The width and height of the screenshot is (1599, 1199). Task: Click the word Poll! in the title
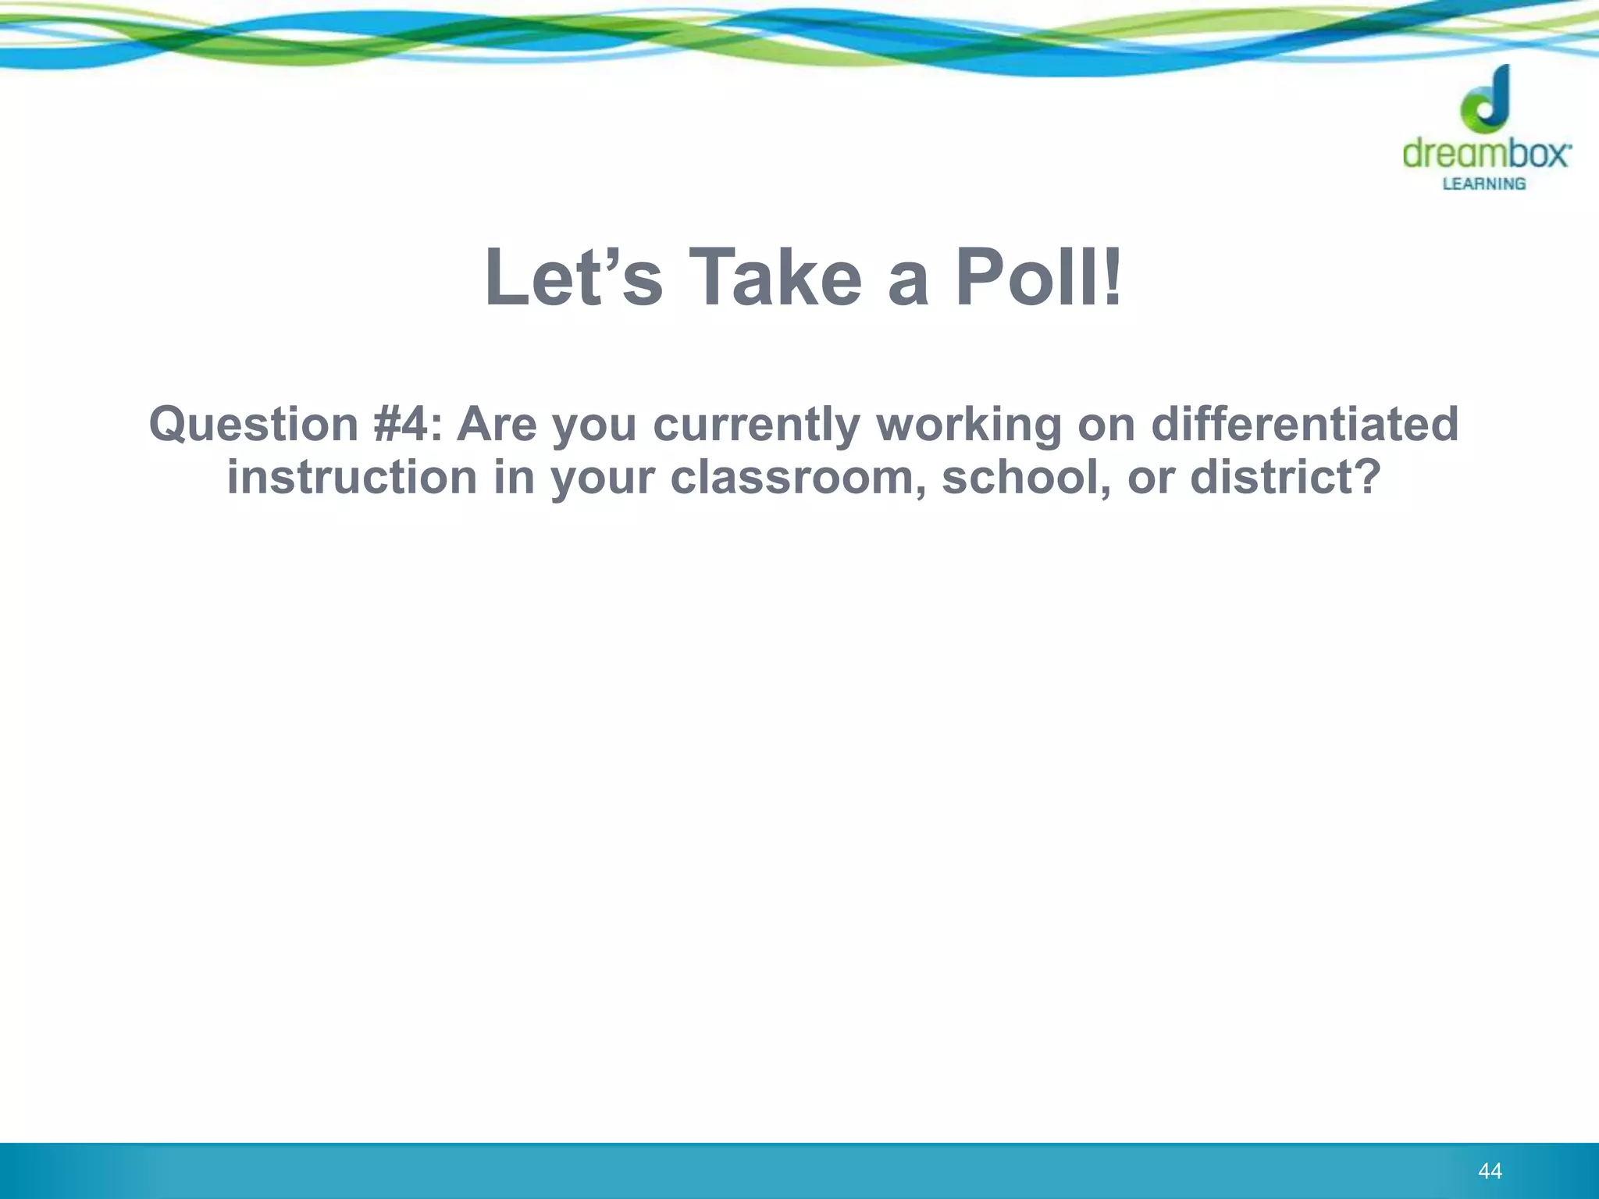1039,278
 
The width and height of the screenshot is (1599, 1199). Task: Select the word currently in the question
756,425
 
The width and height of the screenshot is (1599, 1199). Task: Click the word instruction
352,477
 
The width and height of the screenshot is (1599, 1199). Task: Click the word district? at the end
1285,477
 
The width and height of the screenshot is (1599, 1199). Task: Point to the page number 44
1490,1171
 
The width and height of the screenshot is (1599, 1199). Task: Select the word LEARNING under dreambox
1483,184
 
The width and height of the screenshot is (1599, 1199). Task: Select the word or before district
1151,479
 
